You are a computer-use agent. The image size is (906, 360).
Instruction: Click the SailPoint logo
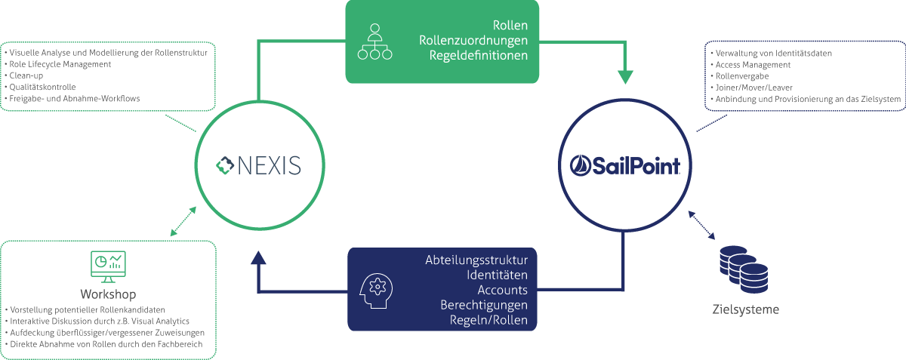(625, 165)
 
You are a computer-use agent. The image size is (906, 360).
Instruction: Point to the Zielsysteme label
(745, 309)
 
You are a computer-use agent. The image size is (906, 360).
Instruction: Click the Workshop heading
(107, 293)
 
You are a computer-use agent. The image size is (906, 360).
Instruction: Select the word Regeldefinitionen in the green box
(478, 56)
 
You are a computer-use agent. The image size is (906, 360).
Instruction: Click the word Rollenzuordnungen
(473, 40)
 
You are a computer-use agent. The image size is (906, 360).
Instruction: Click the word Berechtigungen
(484, 305)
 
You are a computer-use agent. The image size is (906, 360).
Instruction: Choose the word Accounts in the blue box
(502, 290)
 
